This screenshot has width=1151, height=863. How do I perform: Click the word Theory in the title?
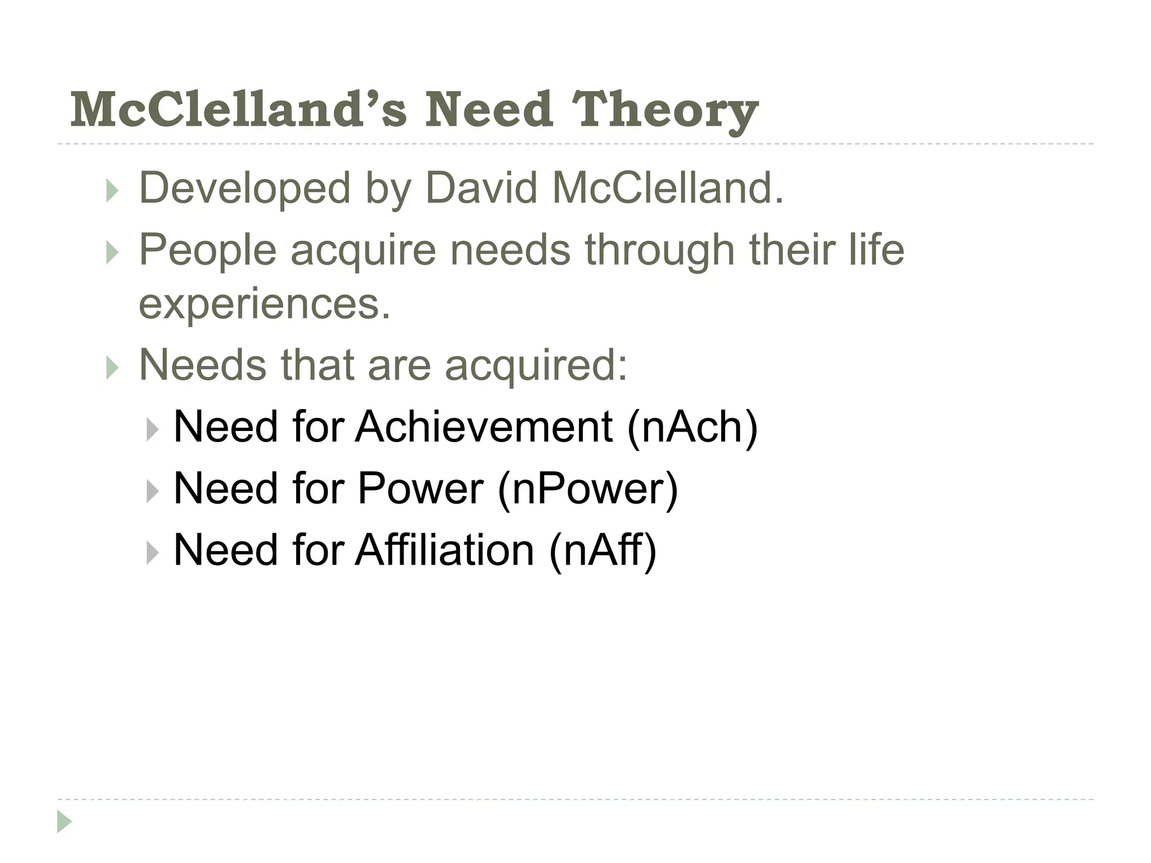tap(664, 111)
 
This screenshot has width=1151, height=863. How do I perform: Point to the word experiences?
tap(264, 303)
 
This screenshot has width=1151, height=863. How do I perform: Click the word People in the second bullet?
tap(207, 250)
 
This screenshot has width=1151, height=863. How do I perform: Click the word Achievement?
tap(484, 427)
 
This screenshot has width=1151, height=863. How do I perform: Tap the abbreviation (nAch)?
tap(692, 428)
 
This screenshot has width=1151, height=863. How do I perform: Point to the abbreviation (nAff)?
tap(602, 550)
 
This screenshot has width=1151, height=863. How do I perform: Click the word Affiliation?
tap(445, 549)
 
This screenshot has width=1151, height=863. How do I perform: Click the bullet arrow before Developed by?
tap(112, 191)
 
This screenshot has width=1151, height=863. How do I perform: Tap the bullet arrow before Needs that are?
tap(112, 369)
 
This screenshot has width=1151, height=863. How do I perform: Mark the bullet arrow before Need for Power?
tap(152, 492)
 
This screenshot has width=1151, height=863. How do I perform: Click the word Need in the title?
tap(488, 110)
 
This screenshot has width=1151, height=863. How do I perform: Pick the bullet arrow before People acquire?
tap(112, 253)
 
